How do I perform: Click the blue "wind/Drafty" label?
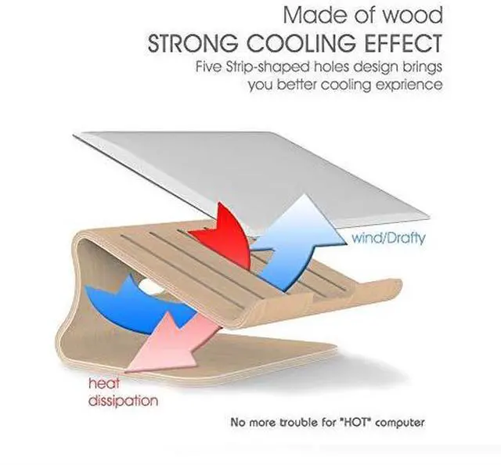(388, 236)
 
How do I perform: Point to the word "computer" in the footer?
(398, 423)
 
